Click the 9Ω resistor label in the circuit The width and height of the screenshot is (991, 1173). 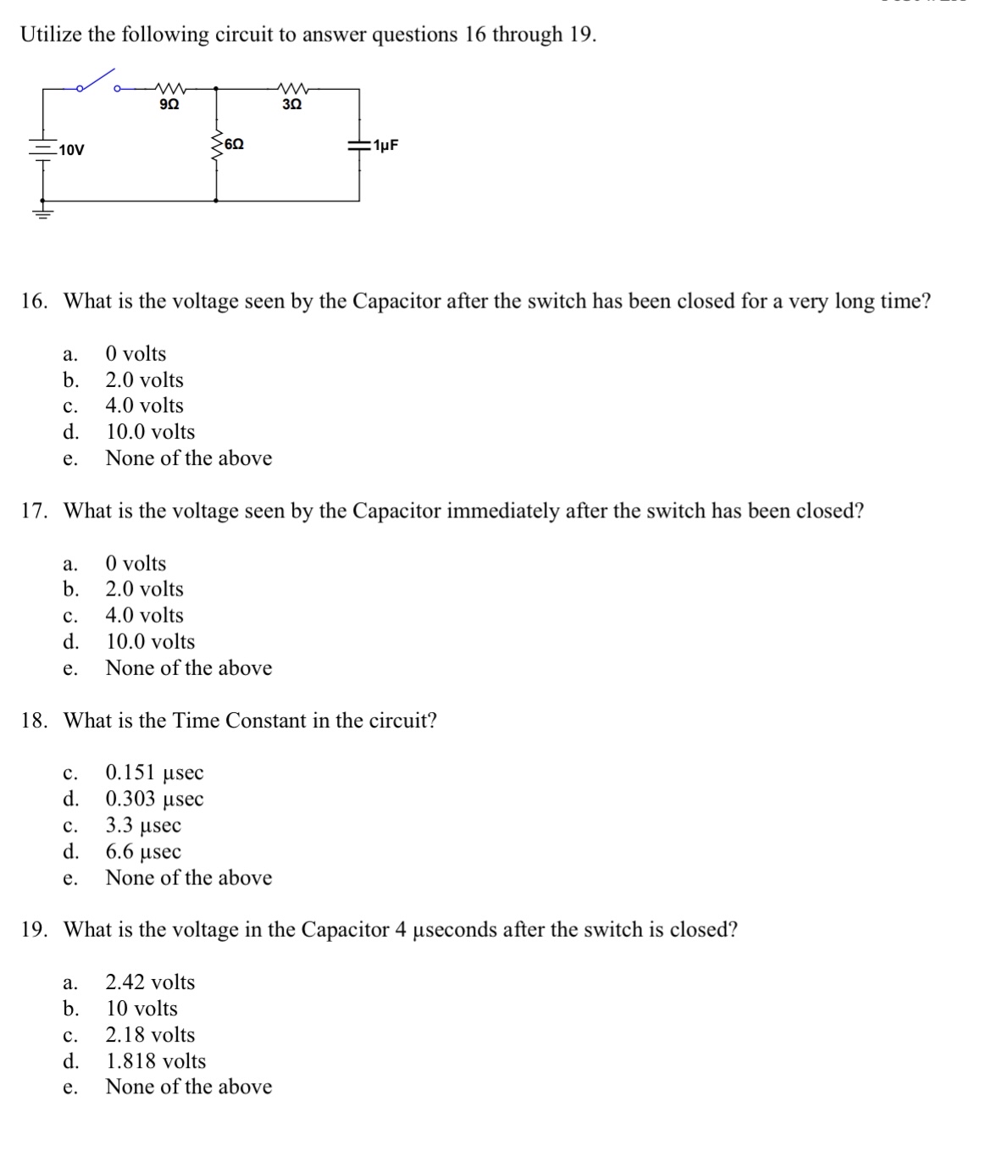click(x=169, y=105)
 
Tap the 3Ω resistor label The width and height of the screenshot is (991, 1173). click(x=291, y=105)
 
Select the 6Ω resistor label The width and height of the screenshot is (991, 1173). click(x=235, y=145)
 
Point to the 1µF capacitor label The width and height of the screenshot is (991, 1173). click(x=385, y=145)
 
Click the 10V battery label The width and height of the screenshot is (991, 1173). click(x=72, y=151)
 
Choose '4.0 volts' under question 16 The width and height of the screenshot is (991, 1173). click(x=144, y=406)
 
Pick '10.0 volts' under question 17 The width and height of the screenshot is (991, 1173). click(x=150, y=642)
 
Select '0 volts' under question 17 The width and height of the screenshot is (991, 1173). click(x=136, y=564)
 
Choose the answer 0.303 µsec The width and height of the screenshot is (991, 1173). click(x=154, y=799)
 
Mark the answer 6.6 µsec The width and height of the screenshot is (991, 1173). click(x=143, y=852)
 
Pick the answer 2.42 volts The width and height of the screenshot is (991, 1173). click(x=150, y=982)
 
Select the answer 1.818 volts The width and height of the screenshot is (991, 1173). click(x=156, y=1061)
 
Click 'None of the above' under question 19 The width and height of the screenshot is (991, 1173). click(x=188, y=1087)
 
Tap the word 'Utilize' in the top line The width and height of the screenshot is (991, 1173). click(x=51, y=35)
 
